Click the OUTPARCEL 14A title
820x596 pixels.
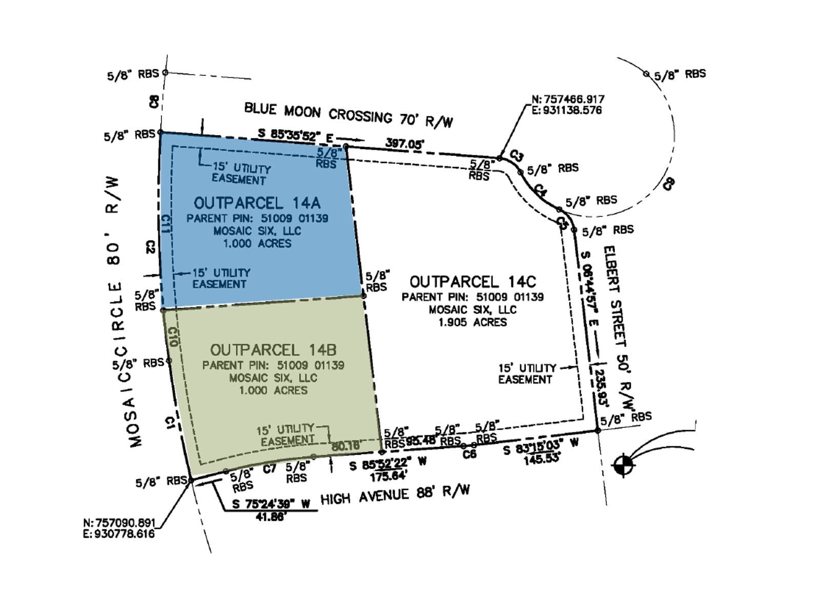tap(257, 203)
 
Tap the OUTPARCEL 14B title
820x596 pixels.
tap(273, 350)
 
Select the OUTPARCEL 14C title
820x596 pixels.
tap(473, 281)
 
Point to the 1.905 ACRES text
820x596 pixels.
tap(473, 322)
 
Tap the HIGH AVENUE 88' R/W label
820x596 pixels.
tap(395, 495)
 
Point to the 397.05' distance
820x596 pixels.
tap(404, 143)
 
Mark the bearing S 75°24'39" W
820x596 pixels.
tap(271, 504)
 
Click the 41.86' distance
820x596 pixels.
tap(271, 517)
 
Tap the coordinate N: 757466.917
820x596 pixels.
tap(568, 99)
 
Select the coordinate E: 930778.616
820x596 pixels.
tap(118, 533)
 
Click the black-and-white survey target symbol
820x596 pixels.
tap(624, 464)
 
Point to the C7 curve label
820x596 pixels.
tap(270, 468)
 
